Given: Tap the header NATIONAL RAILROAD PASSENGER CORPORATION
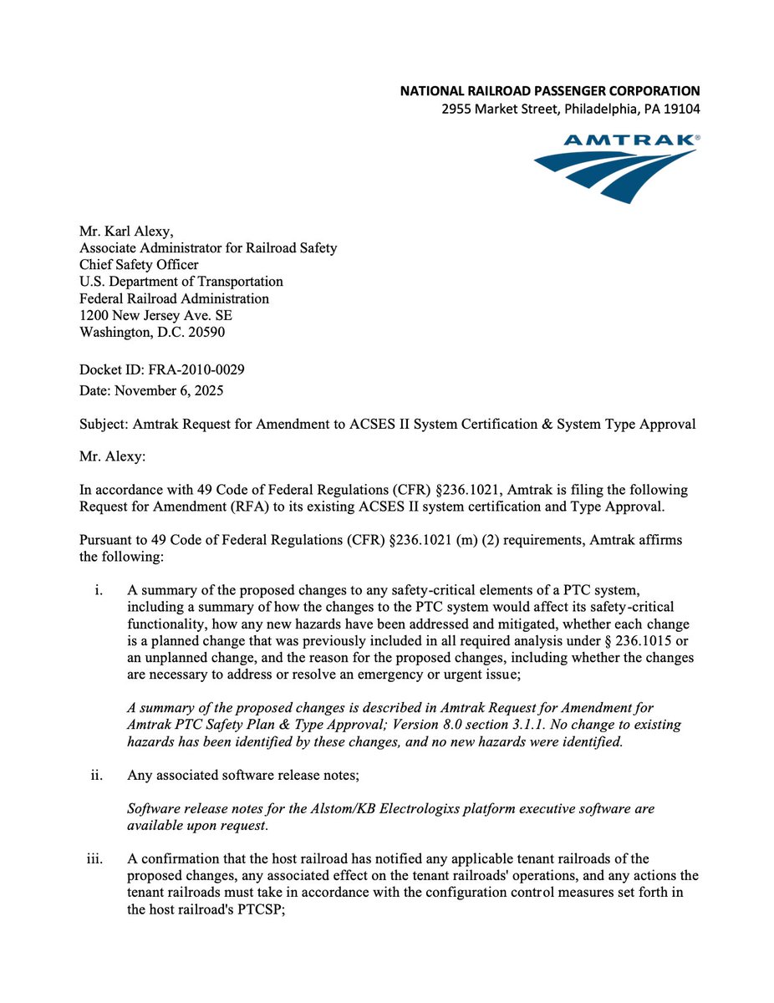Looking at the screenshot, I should pos(550,90).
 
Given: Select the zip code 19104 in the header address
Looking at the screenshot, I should pos(681,109).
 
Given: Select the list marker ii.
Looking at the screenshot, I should pos(96,775).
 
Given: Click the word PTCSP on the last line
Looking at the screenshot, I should pos(264,909).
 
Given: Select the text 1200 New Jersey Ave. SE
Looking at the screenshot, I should pos(155,315).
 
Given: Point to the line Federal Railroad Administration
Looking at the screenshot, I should pos(174,298).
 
